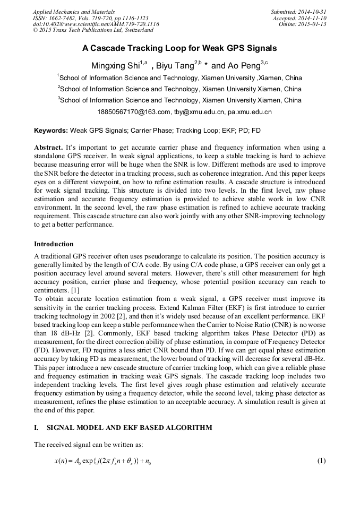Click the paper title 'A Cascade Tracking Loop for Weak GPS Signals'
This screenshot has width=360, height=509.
coord(179,48)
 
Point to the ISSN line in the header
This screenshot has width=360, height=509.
coord(90,18)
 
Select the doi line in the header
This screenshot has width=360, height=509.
coord(96,24)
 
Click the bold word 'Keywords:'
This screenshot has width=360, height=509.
coord(51,131)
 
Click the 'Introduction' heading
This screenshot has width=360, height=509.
coord(54,244)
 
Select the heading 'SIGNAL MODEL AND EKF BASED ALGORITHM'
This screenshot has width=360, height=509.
coord(129,428)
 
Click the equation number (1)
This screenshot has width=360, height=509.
coord(321,461)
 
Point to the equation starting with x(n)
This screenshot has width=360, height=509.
coord(103,461)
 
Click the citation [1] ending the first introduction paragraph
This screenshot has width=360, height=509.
coord(75,290)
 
